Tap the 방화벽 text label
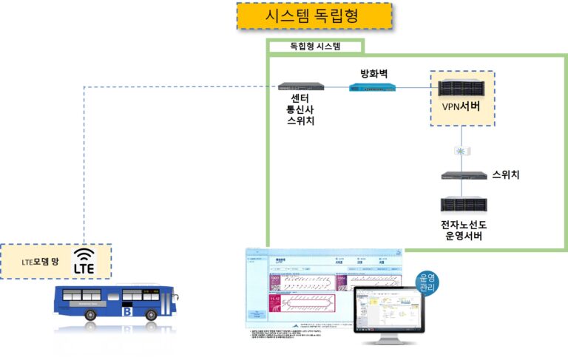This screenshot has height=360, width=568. [373, 73]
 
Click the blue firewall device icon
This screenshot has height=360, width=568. [372, 87]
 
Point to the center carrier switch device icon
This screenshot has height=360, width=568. [300, 86]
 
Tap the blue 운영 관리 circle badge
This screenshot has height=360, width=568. [427, 283]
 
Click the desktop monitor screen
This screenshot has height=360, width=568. [389, 310]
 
